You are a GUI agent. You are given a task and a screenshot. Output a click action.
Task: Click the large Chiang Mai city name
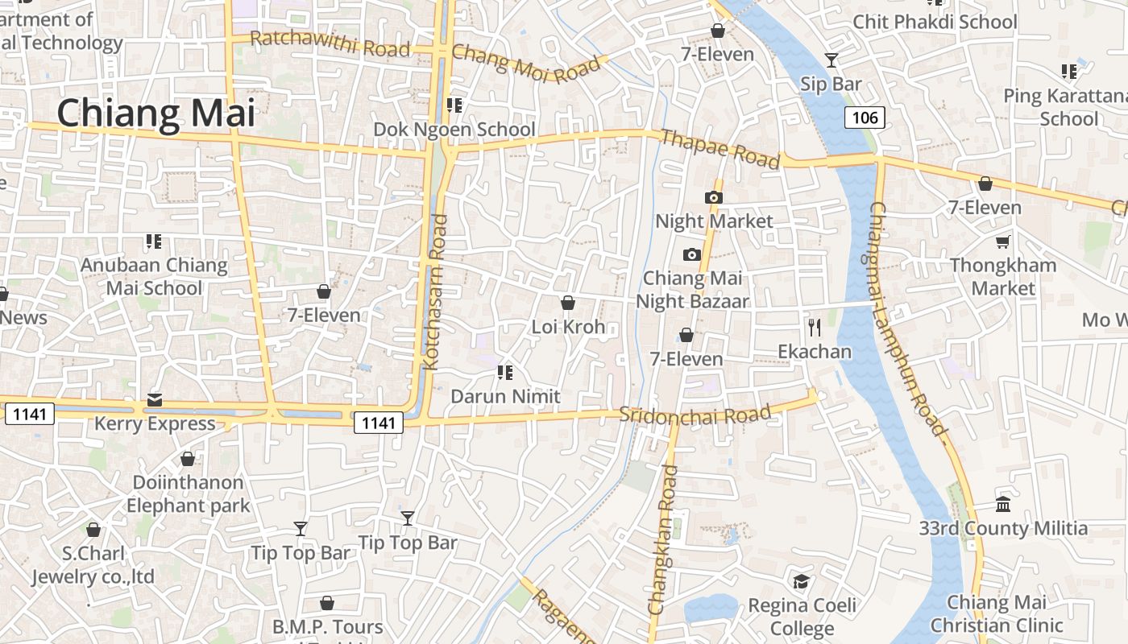click(156, 113)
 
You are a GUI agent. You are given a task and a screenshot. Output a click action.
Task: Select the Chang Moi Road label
click(526, 62)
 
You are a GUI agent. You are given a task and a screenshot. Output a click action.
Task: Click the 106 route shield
click(865, 118)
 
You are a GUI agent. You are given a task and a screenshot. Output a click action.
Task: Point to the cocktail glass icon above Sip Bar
click(831, 60)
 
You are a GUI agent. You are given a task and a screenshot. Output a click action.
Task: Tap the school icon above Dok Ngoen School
click(454, 105)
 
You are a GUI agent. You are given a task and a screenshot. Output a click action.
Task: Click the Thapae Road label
click(720, 149)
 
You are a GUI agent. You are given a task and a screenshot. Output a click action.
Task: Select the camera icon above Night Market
click(713, 197)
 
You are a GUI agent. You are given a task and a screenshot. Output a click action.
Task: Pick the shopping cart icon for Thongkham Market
click(1002, 242)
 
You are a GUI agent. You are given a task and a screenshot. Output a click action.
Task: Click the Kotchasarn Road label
click(435, 291)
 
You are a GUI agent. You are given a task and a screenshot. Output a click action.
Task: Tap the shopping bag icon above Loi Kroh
click(568, 303)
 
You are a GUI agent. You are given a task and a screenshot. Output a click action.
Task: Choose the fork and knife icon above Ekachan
click(815, 327)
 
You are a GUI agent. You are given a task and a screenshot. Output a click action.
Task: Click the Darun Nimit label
click(505, 396)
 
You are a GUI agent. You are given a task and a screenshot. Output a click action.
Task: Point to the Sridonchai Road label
click(695, 415)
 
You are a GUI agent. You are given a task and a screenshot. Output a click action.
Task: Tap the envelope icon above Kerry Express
click(155, 400)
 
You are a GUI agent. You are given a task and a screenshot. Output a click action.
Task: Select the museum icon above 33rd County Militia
click(1003, 505)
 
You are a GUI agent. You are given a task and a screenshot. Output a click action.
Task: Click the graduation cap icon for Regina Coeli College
click(801, 581)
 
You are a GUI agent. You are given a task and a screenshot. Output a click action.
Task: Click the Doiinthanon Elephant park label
click(188, 494)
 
